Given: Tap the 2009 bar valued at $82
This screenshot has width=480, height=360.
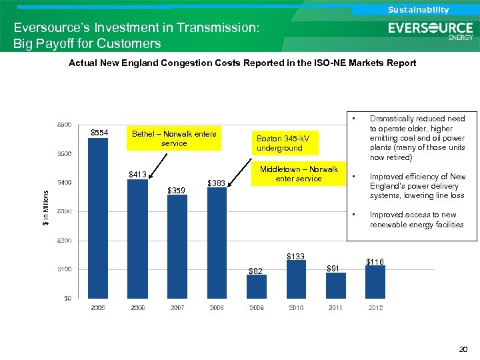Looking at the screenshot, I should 256,286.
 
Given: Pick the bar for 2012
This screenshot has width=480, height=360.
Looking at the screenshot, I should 375,281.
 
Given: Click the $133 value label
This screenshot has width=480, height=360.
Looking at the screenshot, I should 295,257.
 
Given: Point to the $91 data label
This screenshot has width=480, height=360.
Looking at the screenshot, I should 334,268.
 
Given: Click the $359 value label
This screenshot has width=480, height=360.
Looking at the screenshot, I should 177,191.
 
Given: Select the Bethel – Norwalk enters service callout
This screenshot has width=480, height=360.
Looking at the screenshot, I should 174,139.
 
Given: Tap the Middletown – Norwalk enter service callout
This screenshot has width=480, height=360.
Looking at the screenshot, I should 299,174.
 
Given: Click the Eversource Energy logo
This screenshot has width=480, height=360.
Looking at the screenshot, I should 431,31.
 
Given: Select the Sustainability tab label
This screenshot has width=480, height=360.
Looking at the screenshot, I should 418,9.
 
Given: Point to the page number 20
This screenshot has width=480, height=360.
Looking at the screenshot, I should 464,349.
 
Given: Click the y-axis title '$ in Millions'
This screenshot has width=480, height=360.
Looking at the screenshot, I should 45,208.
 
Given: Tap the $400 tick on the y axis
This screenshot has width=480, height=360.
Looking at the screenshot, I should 65,183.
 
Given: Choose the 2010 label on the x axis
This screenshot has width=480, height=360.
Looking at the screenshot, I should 295,307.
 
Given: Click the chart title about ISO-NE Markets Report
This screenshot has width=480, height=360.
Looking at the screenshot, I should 242,63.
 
